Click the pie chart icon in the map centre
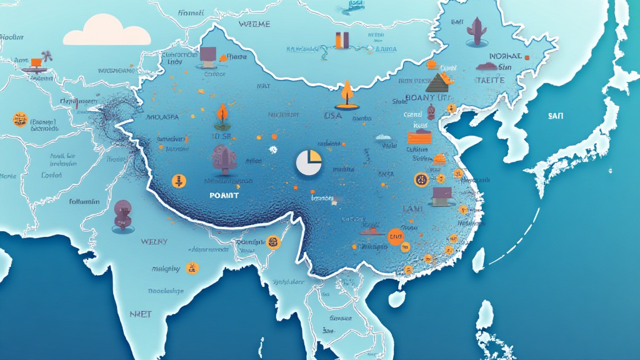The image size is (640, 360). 308,162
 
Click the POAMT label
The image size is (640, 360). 225,195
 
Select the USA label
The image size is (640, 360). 332,116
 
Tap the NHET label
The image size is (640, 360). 141,314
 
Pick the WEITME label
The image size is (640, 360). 254,24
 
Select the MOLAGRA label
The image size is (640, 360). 162,117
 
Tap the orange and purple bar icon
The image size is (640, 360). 342,39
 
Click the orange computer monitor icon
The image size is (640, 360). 36,62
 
